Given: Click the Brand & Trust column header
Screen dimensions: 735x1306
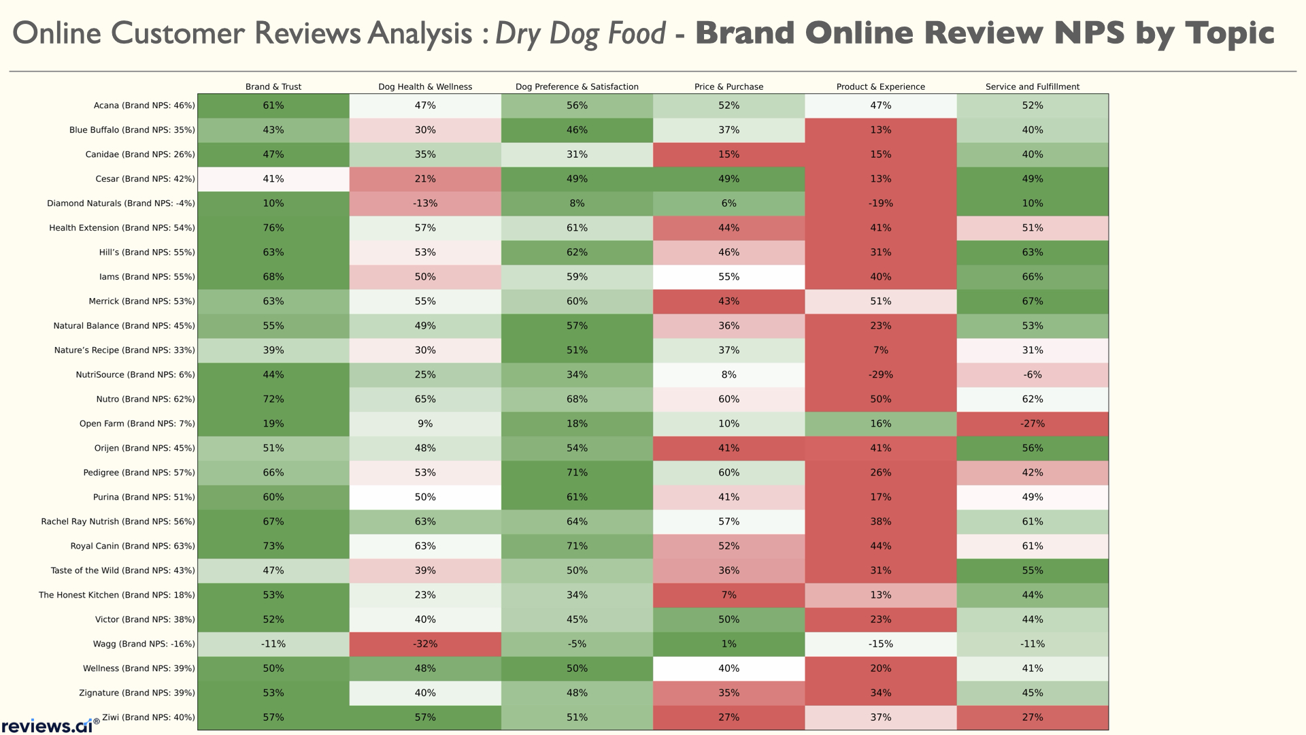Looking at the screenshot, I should (x=273, y=86).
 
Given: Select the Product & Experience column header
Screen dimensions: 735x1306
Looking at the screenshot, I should (x=880, y=86).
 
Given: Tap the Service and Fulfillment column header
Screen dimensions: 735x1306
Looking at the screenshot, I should (x=1032, y=86).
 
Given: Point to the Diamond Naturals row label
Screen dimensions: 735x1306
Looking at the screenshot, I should (x=121, y=203).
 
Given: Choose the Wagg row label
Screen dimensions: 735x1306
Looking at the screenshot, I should (x=144, y=644).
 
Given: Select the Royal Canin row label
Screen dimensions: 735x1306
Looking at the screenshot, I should (x=133, y=546).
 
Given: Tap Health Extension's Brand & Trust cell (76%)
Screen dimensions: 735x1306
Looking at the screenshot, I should (x=273, y=228).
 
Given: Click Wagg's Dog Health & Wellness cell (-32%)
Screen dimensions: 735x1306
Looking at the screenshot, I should (x=425, y=644).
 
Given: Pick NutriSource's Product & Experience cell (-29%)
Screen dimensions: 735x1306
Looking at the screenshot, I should (x=880, y=375).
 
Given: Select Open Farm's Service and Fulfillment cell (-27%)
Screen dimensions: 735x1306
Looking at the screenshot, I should (x=1032, y=423).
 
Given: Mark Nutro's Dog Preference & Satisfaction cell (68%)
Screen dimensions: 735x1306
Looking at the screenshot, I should (x=577, y=399).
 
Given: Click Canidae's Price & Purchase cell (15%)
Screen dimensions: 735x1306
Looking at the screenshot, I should (x=729, y=154).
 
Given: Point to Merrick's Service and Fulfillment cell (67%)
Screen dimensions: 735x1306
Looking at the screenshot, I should (x=1032, y=301).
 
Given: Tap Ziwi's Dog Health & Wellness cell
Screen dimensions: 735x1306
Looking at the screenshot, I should (x=425, y=717).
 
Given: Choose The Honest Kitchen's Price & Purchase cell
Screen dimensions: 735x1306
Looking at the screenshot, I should (x=729, y=595).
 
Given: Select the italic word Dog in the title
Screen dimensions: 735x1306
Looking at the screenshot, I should (x=573, y=34).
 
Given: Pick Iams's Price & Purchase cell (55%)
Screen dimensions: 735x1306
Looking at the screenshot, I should (x=729, y=277).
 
